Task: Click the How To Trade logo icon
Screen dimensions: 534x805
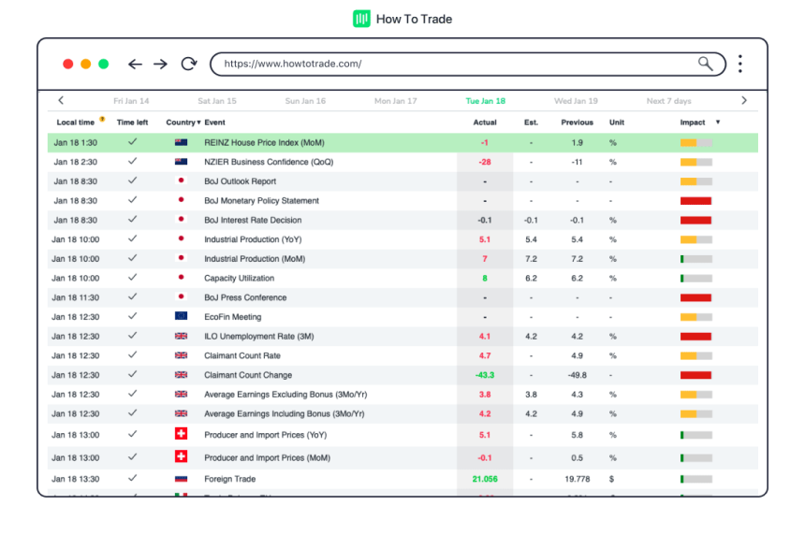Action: click(x=361, y=19)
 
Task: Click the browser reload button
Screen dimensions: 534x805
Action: click(x=189, y=65)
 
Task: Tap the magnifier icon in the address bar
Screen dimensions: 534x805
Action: click(x=706, y=64)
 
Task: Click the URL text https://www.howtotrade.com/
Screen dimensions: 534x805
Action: click(x=293, y=65)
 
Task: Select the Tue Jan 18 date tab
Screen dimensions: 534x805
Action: click(x=485, y=101)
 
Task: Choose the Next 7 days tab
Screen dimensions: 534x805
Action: click(x=668, y=101)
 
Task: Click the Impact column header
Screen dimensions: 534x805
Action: click(x=694, y=123)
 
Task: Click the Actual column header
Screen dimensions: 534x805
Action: click(x=485, y=123)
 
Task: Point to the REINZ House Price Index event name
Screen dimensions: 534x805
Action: click(x=264, y=143)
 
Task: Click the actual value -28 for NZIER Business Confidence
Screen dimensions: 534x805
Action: click(x=485, y=162)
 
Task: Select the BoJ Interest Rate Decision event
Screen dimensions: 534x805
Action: click(x=253, y=221)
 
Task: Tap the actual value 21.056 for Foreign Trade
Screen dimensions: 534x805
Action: click(x=485, y=479)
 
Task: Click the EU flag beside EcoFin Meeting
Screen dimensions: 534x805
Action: click(x=181, y=317)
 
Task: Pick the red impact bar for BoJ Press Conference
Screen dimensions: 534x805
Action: click(x=695, y=297)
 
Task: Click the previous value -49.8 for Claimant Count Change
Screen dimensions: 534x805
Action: click(x=577, y=375)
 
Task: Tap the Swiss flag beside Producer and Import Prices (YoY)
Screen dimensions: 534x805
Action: click(x=181, y=434)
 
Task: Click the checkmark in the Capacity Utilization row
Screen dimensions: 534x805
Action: click(x=132, y=278)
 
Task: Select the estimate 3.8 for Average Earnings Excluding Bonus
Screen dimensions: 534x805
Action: click(x=531, y=395)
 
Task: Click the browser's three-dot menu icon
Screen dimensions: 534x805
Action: click(x=739, y=64)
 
